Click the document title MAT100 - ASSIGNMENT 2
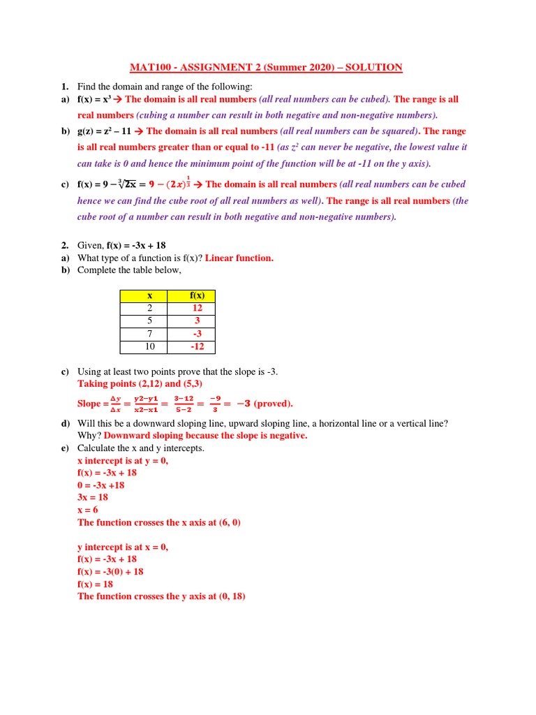click(266, 68)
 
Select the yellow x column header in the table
click(149, 296)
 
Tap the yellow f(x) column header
click(197, 296)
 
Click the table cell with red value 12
click(197, 309)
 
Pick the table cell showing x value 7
click(149, 334)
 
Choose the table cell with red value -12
click(197, 347)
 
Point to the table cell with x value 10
click(149, 347)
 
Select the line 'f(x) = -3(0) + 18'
click(110, 572)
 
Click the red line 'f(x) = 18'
click(95, 584)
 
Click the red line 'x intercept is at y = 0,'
click(123, 461)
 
